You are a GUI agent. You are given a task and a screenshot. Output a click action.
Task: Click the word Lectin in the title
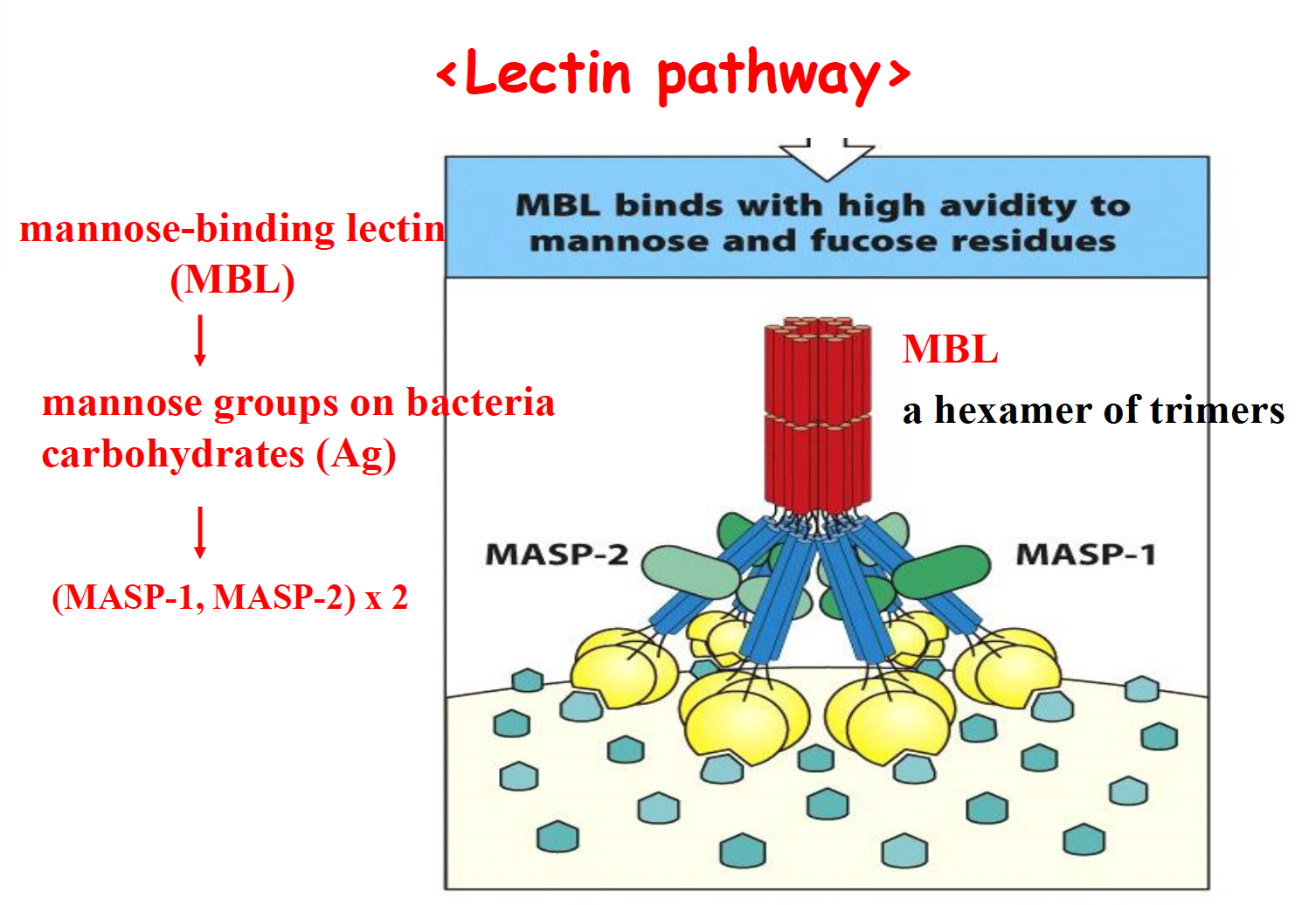pyautogui.click(x=547, y=73)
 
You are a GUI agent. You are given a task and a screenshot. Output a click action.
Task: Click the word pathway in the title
pyautogui.click(x=768, y=77)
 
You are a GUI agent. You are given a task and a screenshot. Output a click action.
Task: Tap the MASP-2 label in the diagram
pyautogui.click(x=557, y=555)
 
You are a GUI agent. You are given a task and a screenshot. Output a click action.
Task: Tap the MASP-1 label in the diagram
pyautogui.click(x=1085, y=555)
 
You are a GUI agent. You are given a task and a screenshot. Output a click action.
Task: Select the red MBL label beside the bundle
pyautogui.click(x=950, y=349)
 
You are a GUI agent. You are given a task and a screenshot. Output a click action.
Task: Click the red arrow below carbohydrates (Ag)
pyautogui.click(x=200, y=531)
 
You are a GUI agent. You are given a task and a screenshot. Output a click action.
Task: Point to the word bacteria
pyautogui.click(x=481, y=403)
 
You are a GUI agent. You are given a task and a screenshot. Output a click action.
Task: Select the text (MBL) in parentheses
pyautogui.click(x=232, y=280)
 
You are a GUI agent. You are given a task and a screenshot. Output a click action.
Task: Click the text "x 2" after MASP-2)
pyautogui.click(x=386, y=598)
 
